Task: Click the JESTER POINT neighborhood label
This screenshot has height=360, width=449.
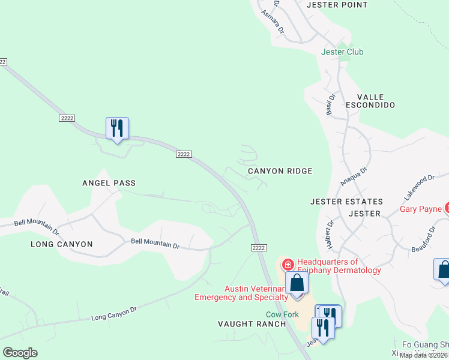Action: click(x=337, y=5)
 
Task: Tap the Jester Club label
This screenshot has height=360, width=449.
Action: click(x=342, y=52)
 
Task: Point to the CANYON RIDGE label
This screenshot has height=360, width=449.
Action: click(x=280, y=171)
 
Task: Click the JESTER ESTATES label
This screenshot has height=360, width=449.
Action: click(x=346, y=202)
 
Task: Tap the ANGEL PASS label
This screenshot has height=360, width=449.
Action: click(x=109, y=183)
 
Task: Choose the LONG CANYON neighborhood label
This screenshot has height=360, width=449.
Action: click(x=62, y=244)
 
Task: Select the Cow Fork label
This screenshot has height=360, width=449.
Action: click(x=283, y=314)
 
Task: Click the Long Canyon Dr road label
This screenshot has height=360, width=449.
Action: click(x=114, y=313)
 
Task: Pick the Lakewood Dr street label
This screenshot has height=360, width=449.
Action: click(x=418, y=187)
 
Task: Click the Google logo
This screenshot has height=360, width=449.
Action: click(x=20, y=353)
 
